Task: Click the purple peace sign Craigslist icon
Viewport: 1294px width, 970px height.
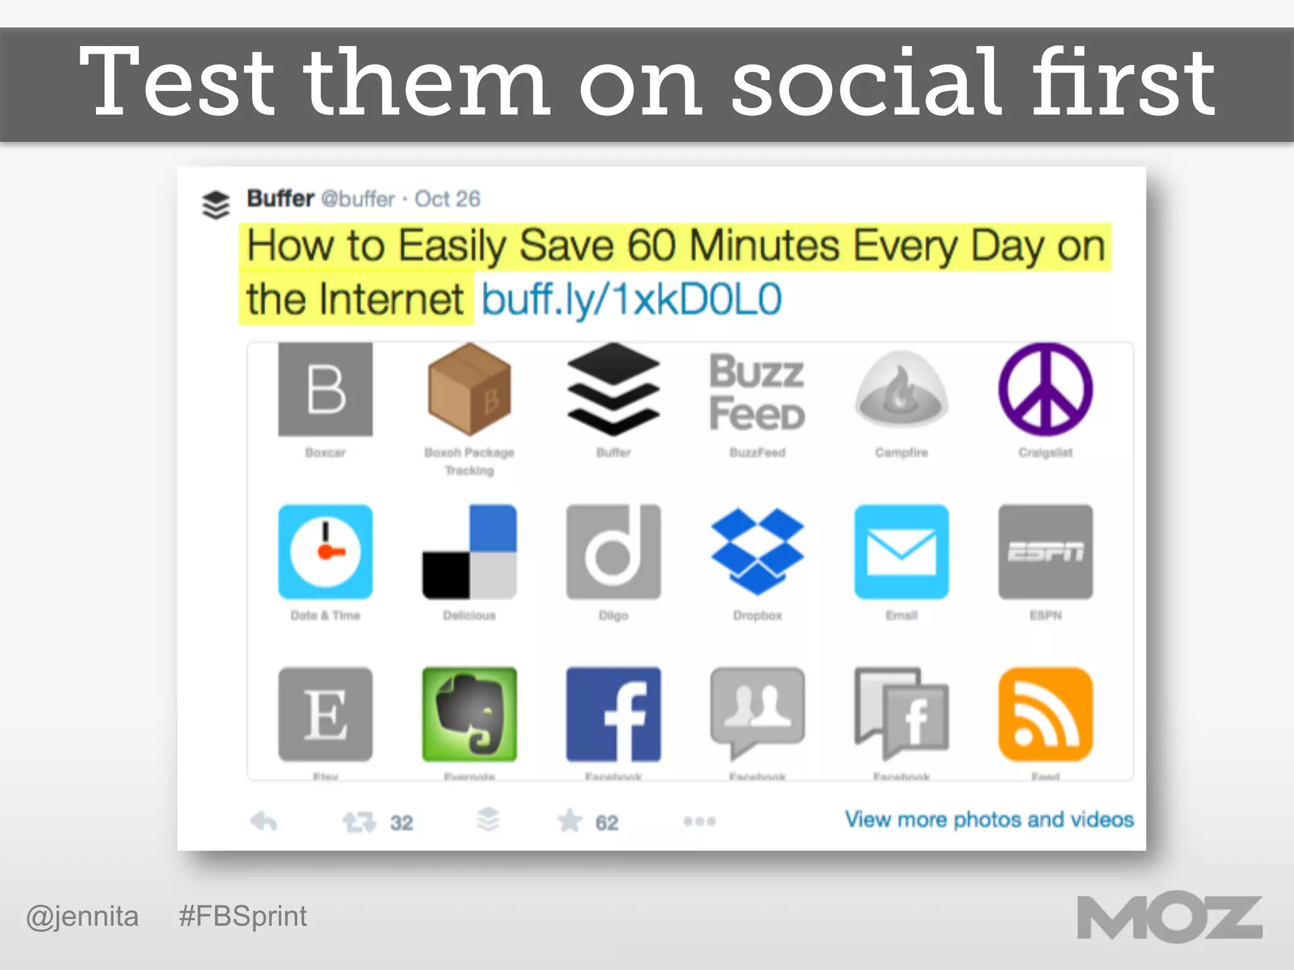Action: tap(1045, 389)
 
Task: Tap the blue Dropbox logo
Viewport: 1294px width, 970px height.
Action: tap(757, 551)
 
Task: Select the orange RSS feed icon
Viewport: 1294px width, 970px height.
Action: tap(1045, 714)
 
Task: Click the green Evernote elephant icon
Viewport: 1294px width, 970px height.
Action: tap(469, 714)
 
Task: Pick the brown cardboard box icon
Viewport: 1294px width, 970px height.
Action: tap(469, 389)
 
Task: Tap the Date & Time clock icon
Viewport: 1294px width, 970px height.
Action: tap(325, 551)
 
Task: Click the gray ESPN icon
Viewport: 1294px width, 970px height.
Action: tap(1045, 551)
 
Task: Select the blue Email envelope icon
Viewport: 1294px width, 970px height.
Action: tap(901, 551)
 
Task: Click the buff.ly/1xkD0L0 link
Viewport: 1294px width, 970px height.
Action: tap(631, 299)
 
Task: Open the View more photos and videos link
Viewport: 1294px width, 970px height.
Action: tap(989, 819)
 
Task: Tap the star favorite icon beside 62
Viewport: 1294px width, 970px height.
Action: tap(569, 821)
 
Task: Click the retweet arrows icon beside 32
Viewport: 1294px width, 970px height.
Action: tap(359, 822)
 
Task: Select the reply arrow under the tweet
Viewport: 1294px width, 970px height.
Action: tap(263, 821)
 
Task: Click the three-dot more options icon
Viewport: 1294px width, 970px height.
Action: tap(699, 821)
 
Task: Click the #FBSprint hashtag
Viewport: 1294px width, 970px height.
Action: tap(243, 916)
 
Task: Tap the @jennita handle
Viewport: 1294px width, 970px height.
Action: tap(82, 916)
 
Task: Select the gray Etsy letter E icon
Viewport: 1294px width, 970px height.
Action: tap(325, 714)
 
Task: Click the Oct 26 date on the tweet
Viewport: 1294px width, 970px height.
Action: tap(447, 199)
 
